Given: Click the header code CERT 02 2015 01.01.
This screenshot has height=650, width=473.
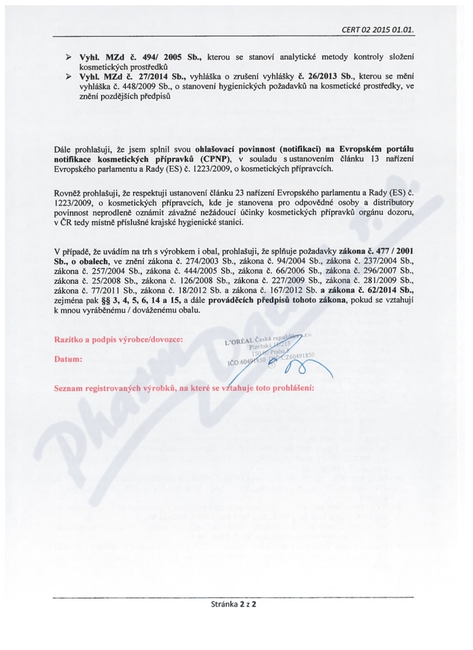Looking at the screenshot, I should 377,29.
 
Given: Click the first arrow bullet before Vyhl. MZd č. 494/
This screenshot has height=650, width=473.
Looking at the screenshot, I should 68,56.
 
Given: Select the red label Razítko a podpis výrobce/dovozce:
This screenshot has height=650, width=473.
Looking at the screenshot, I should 118,340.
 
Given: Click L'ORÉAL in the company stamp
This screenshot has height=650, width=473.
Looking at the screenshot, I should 239,342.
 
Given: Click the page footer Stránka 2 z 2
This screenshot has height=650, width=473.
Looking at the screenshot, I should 236,604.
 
